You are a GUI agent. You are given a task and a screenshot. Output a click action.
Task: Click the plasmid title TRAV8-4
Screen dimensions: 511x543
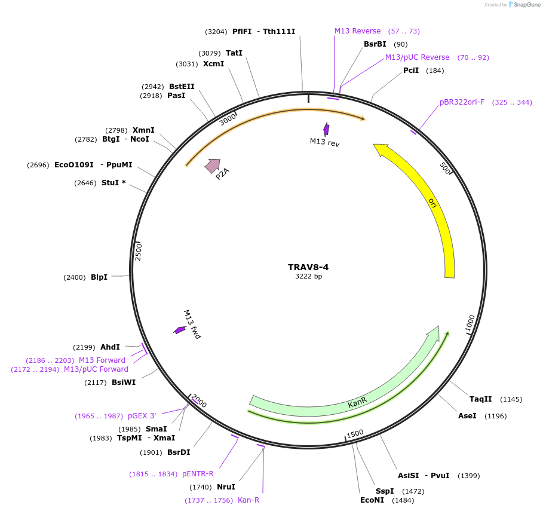[308, 267]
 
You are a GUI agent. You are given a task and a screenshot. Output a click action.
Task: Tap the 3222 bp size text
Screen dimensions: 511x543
[308, 276]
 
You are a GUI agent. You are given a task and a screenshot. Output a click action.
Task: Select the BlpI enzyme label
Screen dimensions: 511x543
[99, 277]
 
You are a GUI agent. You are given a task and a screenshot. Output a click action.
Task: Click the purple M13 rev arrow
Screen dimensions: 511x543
[326, 129]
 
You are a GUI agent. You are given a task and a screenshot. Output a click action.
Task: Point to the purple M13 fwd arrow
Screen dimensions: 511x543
[179, 330]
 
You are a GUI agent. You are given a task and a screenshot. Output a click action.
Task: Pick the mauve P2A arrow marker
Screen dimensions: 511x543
[212, 166]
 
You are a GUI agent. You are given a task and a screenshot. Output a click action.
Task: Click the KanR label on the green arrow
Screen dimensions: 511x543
[357, 404]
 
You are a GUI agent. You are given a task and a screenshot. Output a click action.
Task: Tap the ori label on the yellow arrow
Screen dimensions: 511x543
[432, 203]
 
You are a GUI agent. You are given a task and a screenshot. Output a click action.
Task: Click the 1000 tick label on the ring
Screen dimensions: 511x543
[471, 323]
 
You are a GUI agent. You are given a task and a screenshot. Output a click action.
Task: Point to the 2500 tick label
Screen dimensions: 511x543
[138, 251]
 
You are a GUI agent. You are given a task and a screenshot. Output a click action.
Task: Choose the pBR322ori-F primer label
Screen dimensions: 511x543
[462, 102]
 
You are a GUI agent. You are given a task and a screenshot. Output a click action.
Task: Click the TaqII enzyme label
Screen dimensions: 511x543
[480, 399]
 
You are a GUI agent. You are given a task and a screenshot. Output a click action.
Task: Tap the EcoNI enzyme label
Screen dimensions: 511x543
[372, 500]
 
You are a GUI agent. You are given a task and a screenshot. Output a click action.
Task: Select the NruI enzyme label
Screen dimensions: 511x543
[226, 487]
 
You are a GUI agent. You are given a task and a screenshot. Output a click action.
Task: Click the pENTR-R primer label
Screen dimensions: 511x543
[198, 474]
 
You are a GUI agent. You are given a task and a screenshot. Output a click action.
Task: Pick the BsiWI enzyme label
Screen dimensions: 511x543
[124, 383]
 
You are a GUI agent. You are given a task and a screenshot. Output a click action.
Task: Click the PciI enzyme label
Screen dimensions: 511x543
[411, 71]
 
